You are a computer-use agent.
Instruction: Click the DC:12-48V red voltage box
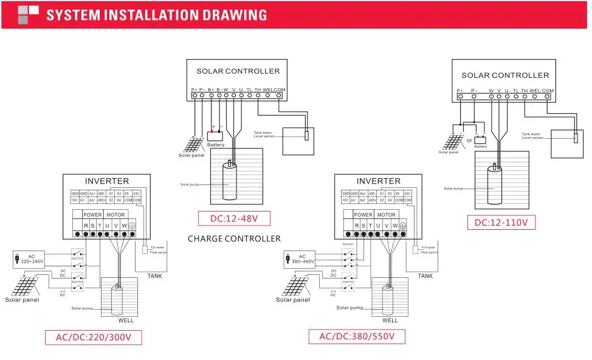pos(234,218)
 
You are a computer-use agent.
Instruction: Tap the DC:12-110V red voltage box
pos(502,223)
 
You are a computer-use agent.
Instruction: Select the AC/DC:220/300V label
pos(94,337)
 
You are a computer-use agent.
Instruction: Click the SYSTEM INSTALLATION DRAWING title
pos(156,15)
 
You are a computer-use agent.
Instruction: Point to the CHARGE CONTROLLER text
pos(234,238)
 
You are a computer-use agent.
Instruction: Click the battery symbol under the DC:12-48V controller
pos(216,136)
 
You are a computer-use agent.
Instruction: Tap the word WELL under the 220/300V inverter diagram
pos(126,320)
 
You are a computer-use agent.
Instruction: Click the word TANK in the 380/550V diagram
pos(425,276)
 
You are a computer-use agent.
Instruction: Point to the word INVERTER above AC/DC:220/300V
pos(107,181)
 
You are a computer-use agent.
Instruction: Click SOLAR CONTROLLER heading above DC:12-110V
pos(505,75)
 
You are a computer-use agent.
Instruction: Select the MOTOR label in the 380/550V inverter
pos(387,215)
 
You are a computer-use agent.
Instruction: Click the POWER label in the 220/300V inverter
pos(92,215)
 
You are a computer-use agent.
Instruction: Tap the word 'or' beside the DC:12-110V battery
pos(469,140)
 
